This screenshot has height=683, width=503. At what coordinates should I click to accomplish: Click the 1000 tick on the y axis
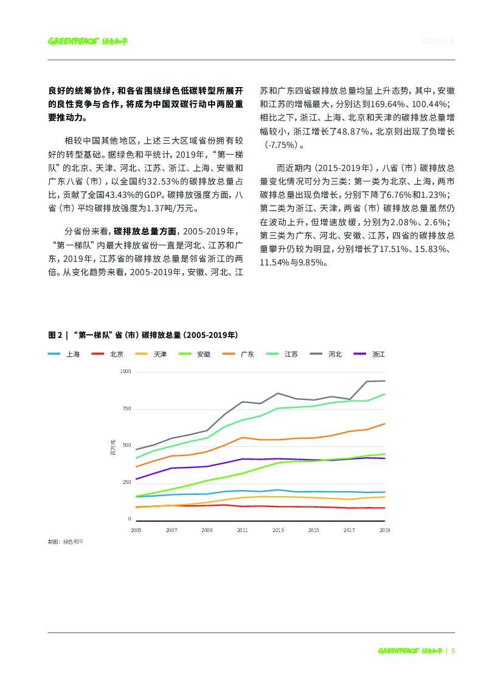(x=125, y=371)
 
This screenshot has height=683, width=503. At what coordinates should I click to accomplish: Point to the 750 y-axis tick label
(x=126, y=408)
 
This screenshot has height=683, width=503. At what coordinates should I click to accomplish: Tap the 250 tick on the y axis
(x=126, y=483)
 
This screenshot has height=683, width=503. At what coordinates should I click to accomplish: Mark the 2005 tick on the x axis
(x=136, y=531)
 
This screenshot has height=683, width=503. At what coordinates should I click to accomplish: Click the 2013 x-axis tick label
(x=278, y=531)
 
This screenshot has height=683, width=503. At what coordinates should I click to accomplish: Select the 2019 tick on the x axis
(x=384, y=531)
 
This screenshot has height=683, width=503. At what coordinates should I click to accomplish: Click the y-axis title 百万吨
(x=113, y=446)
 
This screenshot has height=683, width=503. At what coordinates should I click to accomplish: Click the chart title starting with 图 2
(x=143, y=335)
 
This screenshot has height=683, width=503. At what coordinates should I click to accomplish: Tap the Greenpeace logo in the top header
(x=88, y=41)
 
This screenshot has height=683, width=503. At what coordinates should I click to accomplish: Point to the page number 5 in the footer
(x=453, y=650)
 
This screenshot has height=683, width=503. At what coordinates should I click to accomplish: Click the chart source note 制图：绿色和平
(x=64, y=541)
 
